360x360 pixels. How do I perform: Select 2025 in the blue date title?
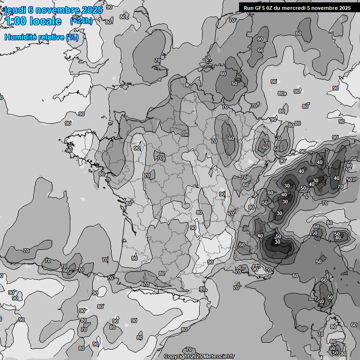92,10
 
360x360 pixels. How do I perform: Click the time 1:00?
15,21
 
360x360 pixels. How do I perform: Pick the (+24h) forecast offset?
81,21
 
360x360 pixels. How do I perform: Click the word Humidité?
20,37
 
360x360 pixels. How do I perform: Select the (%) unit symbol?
72,37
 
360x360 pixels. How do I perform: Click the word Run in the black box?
248,7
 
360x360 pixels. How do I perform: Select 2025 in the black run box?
345,7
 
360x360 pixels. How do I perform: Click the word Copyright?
176,356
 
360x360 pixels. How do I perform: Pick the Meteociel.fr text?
219,356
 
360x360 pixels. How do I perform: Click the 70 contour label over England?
157,60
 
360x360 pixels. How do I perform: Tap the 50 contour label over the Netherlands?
234,83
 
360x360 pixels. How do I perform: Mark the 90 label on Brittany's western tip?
69,150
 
